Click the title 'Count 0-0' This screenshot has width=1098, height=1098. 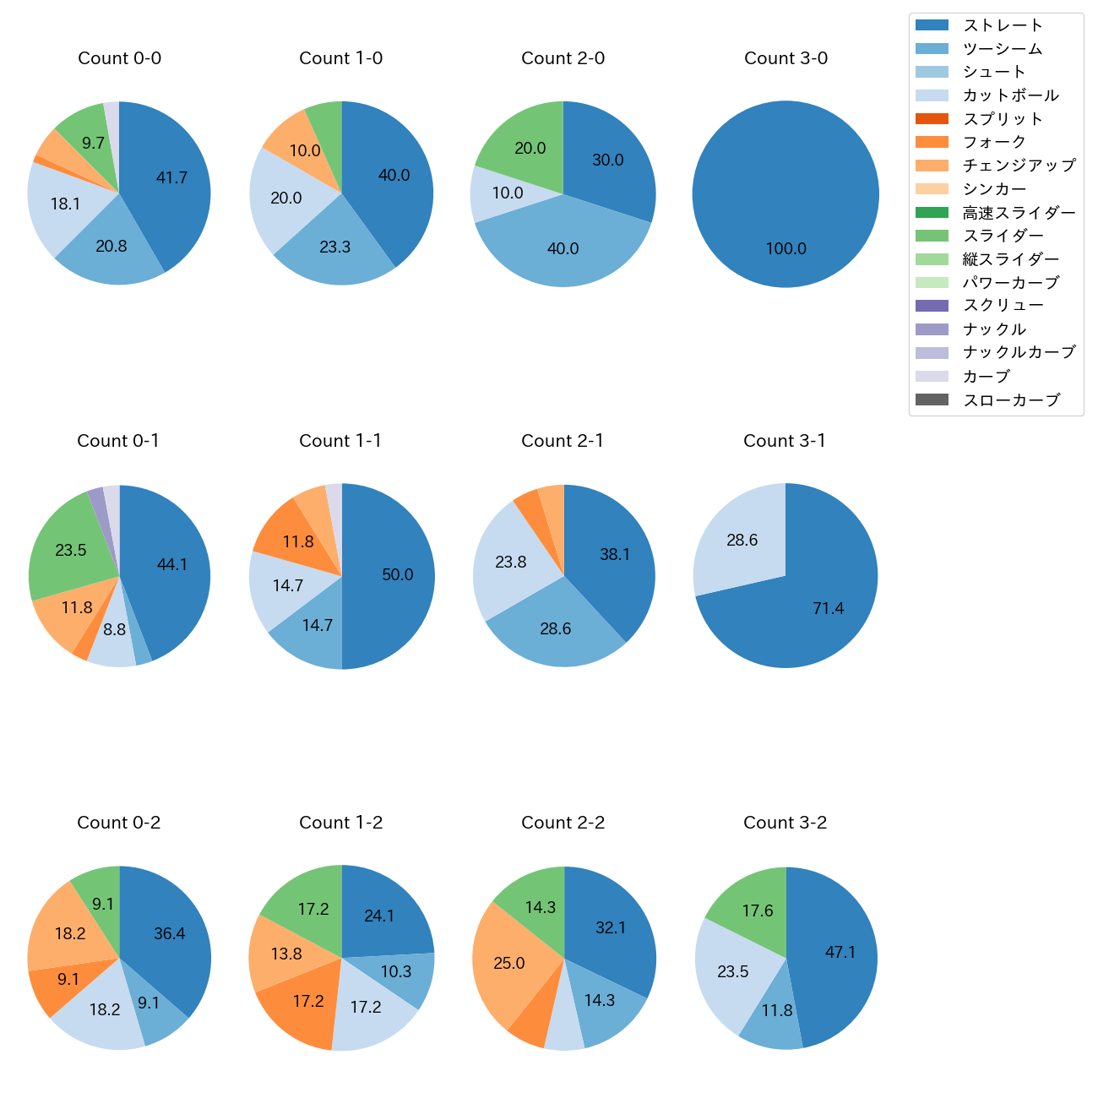[119, 58]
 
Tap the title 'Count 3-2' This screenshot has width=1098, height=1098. [785, 823]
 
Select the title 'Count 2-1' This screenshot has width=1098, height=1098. [563, 441]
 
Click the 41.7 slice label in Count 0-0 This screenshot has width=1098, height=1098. [171, 178]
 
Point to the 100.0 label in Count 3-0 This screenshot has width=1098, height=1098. [785, 249]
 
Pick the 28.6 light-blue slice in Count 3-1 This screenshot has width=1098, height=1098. [742, 541]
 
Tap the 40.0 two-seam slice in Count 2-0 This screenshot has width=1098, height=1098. [563, 249]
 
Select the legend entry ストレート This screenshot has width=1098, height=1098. [1003, 25]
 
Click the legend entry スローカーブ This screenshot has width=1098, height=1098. [1011, 400]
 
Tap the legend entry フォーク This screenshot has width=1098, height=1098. [994, 142]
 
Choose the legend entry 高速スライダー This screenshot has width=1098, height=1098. [1019, 213]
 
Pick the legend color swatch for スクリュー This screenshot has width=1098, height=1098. [932, 306]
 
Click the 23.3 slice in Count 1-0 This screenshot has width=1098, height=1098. [335, 247]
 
